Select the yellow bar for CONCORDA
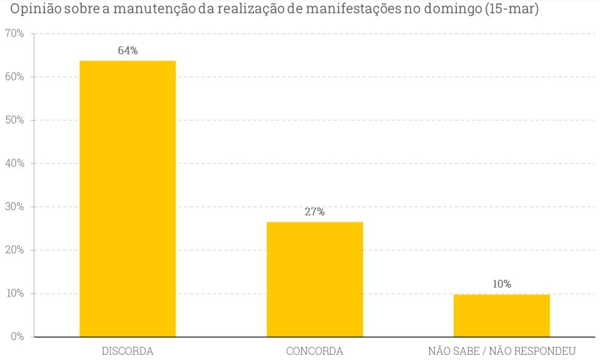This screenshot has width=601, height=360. [314, 279]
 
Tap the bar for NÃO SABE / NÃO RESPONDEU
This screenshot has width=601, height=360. [501, 315]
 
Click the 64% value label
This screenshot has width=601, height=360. [127, 51]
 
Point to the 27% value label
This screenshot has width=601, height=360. [314, 212]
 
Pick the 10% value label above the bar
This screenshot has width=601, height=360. [501, 283]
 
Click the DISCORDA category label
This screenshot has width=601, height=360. [127, 351]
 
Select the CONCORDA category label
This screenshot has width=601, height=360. [314, 351]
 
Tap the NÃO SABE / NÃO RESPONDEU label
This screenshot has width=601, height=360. [501, 351]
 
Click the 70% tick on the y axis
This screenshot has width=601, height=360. [13, 33]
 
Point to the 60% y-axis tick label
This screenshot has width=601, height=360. [13, 77]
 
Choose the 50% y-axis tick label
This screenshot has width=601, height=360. [13, 120]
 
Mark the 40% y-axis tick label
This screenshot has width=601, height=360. [13, 163]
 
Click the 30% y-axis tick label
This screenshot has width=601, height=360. [13, 207]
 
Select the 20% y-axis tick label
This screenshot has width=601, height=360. [13, 250]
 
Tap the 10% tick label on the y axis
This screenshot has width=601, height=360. [13, 294]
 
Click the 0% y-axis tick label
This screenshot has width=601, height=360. [16, 337]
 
